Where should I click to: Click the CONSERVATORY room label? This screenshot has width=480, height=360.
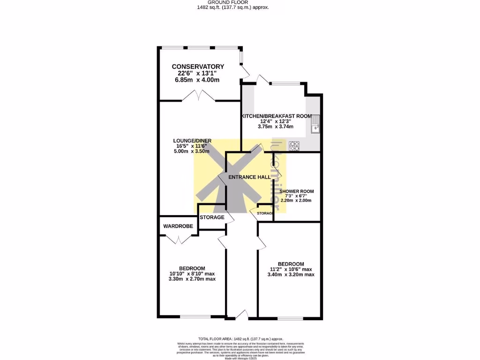click(x=197, y=67)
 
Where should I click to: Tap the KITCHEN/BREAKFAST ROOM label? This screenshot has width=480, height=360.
click(x=277, y=116)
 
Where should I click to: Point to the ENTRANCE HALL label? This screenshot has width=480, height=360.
click(x=249, y=178)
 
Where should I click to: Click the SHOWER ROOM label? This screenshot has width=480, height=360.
click(x=296, y=191)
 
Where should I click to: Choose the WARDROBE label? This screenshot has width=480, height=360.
click(x=178, y=226)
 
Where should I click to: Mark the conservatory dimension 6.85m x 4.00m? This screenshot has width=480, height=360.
click(x=197, y=80)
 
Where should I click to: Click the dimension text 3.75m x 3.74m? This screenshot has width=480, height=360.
click(x=276, y=127)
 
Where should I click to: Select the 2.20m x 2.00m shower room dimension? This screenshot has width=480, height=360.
click(x=296, y=201)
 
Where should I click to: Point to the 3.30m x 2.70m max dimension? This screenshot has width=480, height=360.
click(x=192, y=279)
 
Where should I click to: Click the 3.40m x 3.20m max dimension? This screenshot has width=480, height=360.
click(x=291, y=275)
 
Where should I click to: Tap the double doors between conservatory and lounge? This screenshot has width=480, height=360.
click(x=199, y=97)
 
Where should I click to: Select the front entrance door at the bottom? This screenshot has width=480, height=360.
click(x=242, y=315)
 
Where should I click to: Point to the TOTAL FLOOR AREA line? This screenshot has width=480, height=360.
click(x=240, y=339)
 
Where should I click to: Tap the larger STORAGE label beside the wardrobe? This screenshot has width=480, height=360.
click(x=212, y=217)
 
